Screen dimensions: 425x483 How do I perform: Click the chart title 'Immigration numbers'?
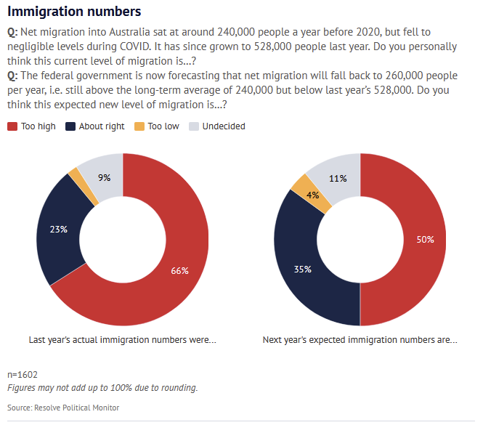click(74, 12)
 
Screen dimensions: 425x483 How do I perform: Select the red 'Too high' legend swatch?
click(12, 126)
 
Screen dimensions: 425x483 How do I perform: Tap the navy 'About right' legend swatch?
click(70, 126)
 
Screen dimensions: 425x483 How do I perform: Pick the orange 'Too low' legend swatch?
click(139, 126)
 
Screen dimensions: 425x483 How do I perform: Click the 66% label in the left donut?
click(179, 271)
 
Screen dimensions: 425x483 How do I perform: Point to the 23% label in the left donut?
click(58, 230)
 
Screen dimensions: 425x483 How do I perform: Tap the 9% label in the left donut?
click(105, 177)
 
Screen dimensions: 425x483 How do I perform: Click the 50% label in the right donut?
click(425, 240)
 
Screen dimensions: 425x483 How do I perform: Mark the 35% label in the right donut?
click(302, 270)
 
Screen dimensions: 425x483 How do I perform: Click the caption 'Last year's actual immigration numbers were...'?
click(122, 339)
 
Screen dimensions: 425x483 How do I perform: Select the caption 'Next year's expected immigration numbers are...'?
click(360, 339)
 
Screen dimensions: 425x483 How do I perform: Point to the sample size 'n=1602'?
click(22, 375)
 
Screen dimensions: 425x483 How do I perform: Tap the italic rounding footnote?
click(102, 387)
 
